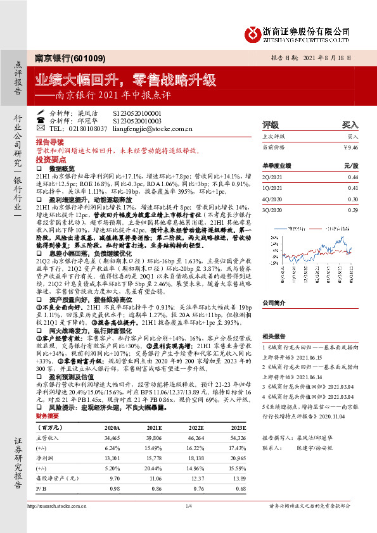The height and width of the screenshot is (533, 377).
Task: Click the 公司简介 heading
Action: click(x=275, y=303)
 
